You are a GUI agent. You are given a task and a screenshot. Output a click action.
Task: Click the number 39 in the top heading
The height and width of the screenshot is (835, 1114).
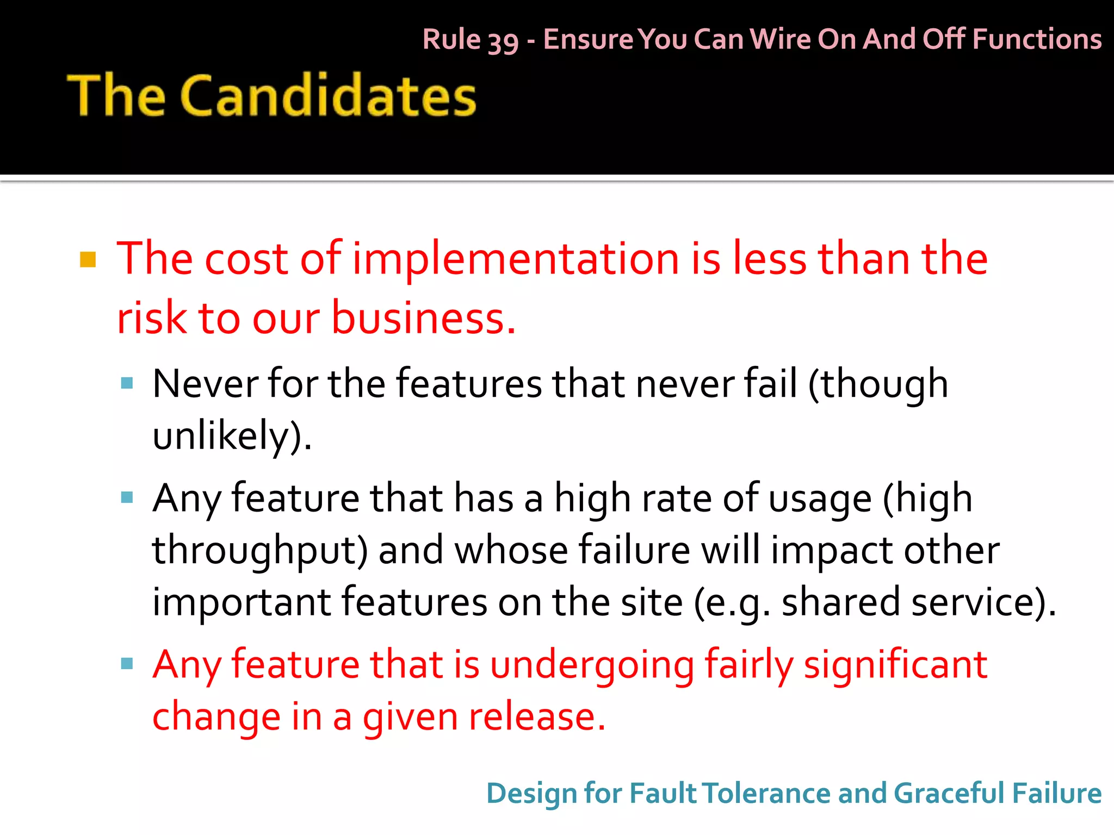pyautogui.click(x=503, y=41)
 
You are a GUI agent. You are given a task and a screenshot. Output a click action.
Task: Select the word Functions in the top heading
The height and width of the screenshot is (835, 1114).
pyautogui.click(x=1037, y=39)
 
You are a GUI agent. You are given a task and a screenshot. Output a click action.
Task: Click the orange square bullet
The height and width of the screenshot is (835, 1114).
pyautogui.click(x=88, y=260)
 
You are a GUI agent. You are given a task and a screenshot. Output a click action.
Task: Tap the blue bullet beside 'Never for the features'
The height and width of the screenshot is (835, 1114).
pyautogui.click(x=127, y=383)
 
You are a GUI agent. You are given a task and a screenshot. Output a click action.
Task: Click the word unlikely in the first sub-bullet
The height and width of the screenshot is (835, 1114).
pyautogui.click(x=221, y=435)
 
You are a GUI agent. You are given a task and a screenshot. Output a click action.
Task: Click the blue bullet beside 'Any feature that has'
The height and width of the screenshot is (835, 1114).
pyautogui.click(x=127, y=497)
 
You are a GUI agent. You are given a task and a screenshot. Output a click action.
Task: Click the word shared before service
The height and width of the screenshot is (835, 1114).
pyautogui.click(x=840, y=602)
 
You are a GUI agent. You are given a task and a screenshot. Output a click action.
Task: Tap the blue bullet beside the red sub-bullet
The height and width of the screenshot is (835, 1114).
pyautogui.click(x=127, y=663)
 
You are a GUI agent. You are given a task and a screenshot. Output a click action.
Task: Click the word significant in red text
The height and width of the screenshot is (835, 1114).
pyautogui.click(x=895, y=664)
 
